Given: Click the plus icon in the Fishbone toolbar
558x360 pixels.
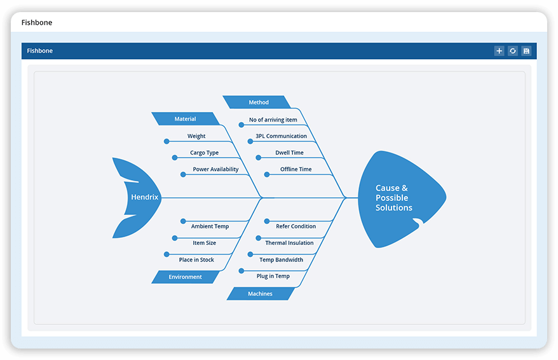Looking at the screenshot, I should (x=499, y=51).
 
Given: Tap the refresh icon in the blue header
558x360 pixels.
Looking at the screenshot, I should (x=513, y=51).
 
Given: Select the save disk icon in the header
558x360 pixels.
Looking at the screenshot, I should (x=526, y=51).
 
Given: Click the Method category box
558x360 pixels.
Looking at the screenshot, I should (x=258, y=102).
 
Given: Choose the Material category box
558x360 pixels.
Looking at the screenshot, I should (x=185, y=119).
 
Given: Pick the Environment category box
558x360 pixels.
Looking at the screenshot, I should (x=185, y=277).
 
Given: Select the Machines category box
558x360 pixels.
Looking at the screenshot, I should (x=260, y=293).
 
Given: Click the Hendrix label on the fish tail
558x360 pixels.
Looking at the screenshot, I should (x=144, y=197).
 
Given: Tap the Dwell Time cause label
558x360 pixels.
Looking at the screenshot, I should (x=289, y=153).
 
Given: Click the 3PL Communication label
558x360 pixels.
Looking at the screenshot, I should (x=281, y=136).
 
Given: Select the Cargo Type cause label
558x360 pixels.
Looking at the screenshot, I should (x=204, y=153).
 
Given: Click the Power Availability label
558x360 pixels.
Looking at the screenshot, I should (x=215, y=169).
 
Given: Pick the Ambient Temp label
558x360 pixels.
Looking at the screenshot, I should (x=210, y=226).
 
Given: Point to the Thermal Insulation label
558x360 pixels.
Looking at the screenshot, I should (x=289, y=243).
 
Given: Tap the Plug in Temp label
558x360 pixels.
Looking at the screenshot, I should (x=273, y=276).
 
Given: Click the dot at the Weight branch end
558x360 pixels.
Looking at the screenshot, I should (x=167, y=141).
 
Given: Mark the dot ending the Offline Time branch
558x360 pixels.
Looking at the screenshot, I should (x=267, y=174).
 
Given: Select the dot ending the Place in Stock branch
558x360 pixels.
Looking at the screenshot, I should (x=167, y=254).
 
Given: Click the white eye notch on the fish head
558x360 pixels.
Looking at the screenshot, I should (x=419, y=221).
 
